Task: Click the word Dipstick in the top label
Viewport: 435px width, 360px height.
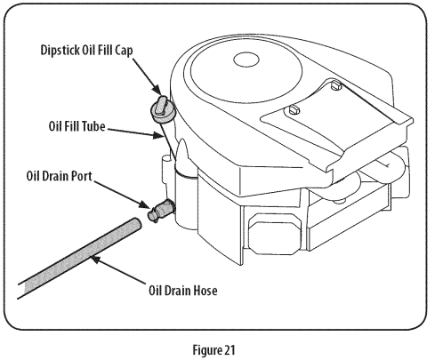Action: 60,50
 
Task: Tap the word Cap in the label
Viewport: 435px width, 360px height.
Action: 124,51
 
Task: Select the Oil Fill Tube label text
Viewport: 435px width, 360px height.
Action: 77,126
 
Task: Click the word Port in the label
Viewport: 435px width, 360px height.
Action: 82,176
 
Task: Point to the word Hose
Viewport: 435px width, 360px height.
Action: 205,291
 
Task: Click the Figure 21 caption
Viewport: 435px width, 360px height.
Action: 214,350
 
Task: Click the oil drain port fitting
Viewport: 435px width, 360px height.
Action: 161,210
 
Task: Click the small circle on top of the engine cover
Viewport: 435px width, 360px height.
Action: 246,60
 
